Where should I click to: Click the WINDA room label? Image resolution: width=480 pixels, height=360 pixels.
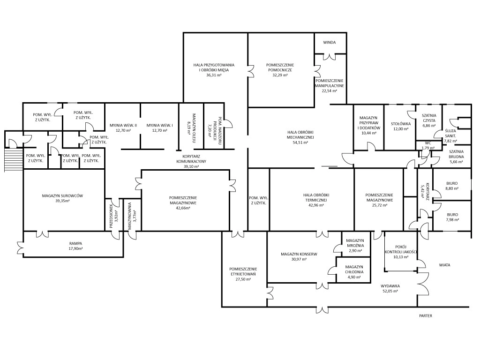[x=330, y=42]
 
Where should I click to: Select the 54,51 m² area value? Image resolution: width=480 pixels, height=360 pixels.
[x=300, y=142]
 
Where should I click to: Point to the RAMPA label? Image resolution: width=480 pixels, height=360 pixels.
[x=75, y=243]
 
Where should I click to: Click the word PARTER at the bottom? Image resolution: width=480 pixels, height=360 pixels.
[x=426, y=315]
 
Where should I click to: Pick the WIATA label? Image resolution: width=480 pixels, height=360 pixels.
[x=444, y=265]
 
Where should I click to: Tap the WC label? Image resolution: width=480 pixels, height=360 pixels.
[x=427, y=143]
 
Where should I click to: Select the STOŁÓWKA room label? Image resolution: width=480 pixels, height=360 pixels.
[x=401, y=124]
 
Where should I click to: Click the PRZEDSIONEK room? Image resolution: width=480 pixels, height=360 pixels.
[x=114, y=215]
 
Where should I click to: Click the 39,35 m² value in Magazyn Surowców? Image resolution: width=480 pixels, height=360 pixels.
[x=62, y=201]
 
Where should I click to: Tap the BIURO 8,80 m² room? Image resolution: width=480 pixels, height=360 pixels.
[x=452, y=185]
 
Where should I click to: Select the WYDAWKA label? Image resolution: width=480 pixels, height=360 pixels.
[x=390, y=286]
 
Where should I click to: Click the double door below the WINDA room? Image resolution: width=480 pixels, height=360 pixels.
[x=330, y=56]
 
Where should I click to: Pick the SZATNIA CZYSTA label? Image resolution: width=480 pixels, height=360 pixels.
[x=428, y=118]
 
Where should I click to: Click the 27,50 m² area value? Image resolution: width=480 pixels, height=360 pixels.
[x=243, y=279]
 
